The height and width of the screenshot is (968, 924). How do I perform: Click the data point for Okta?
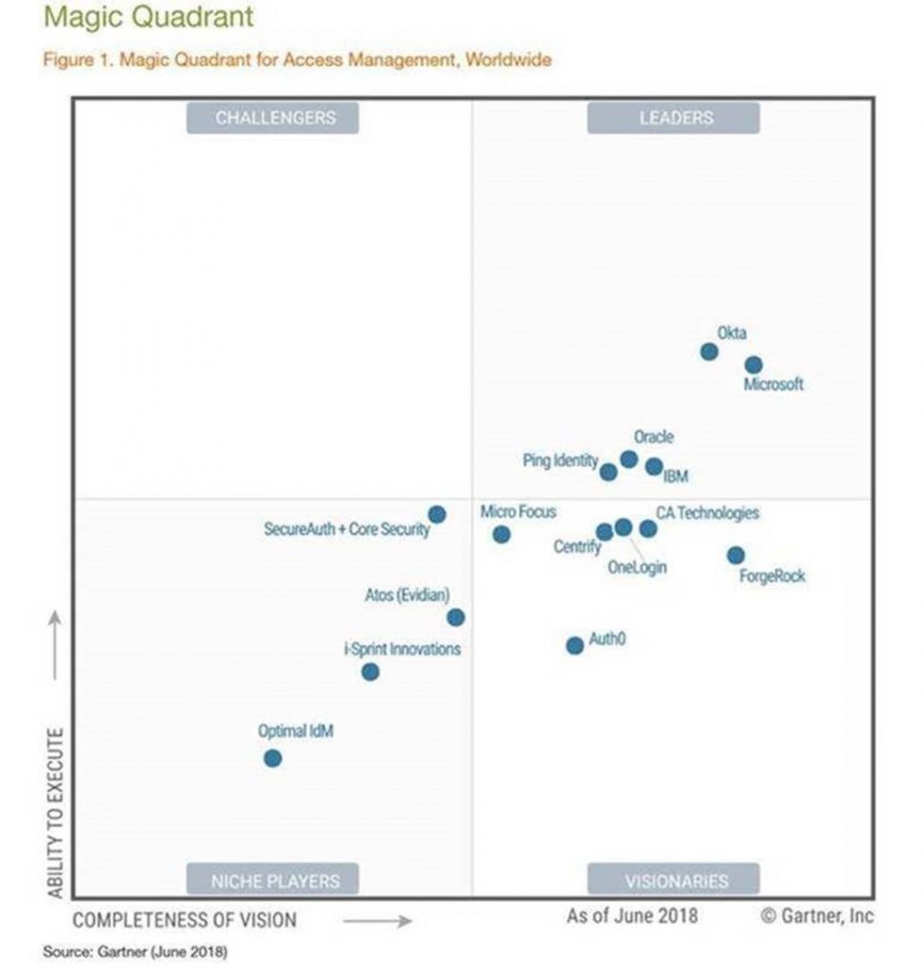pos(708,352)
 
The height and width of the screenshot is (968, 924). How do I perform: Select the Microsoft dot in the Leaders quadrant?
pos(753,365)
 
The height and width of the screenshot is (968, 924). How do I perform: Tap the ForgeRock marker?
pos(736,555)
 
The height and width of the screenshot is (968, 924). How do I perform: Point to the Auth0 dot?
pos(574,646)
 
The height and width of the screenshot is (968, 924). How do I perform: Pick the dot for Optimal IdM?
pos(272,758)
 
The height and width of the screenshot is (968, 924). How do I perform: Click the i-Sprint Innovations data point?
pos(371,672)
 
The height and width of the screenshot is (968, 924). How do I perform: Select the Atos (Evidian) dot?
pos(456,617)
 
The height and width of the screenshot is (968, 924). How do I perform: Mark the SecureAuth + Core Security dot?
pos(437,514)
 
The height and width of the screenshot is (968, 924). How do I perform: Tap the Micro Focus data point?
pos(501,534)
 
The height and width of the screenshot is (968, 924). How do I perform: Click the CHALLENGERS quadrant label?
pos(274,118)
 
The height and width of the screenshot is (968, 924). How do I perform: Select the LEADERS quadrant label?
pos(673,118)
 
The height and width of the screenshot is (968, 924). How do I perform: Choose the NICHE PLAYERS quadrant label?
pos(272,880)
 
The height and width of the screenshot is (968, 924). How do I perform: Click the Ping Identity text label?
pos(560,460)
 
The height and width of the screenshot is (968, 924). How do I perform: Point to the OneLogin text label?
pos(636,567)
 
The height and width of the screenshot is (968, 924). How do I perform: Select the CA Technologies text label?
pos(707,513)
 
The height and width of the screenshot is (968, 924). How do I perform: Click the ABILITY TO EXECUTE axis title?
pos(55,813)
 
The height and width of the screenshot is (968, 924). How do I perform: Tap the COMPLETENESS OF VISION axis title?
pos(184,920)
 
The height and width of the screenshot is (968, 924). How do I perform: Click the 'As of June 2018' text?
pos(632,915)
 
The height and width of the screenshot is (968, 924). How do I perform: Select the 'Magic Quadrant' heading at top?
pos(148,17)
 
